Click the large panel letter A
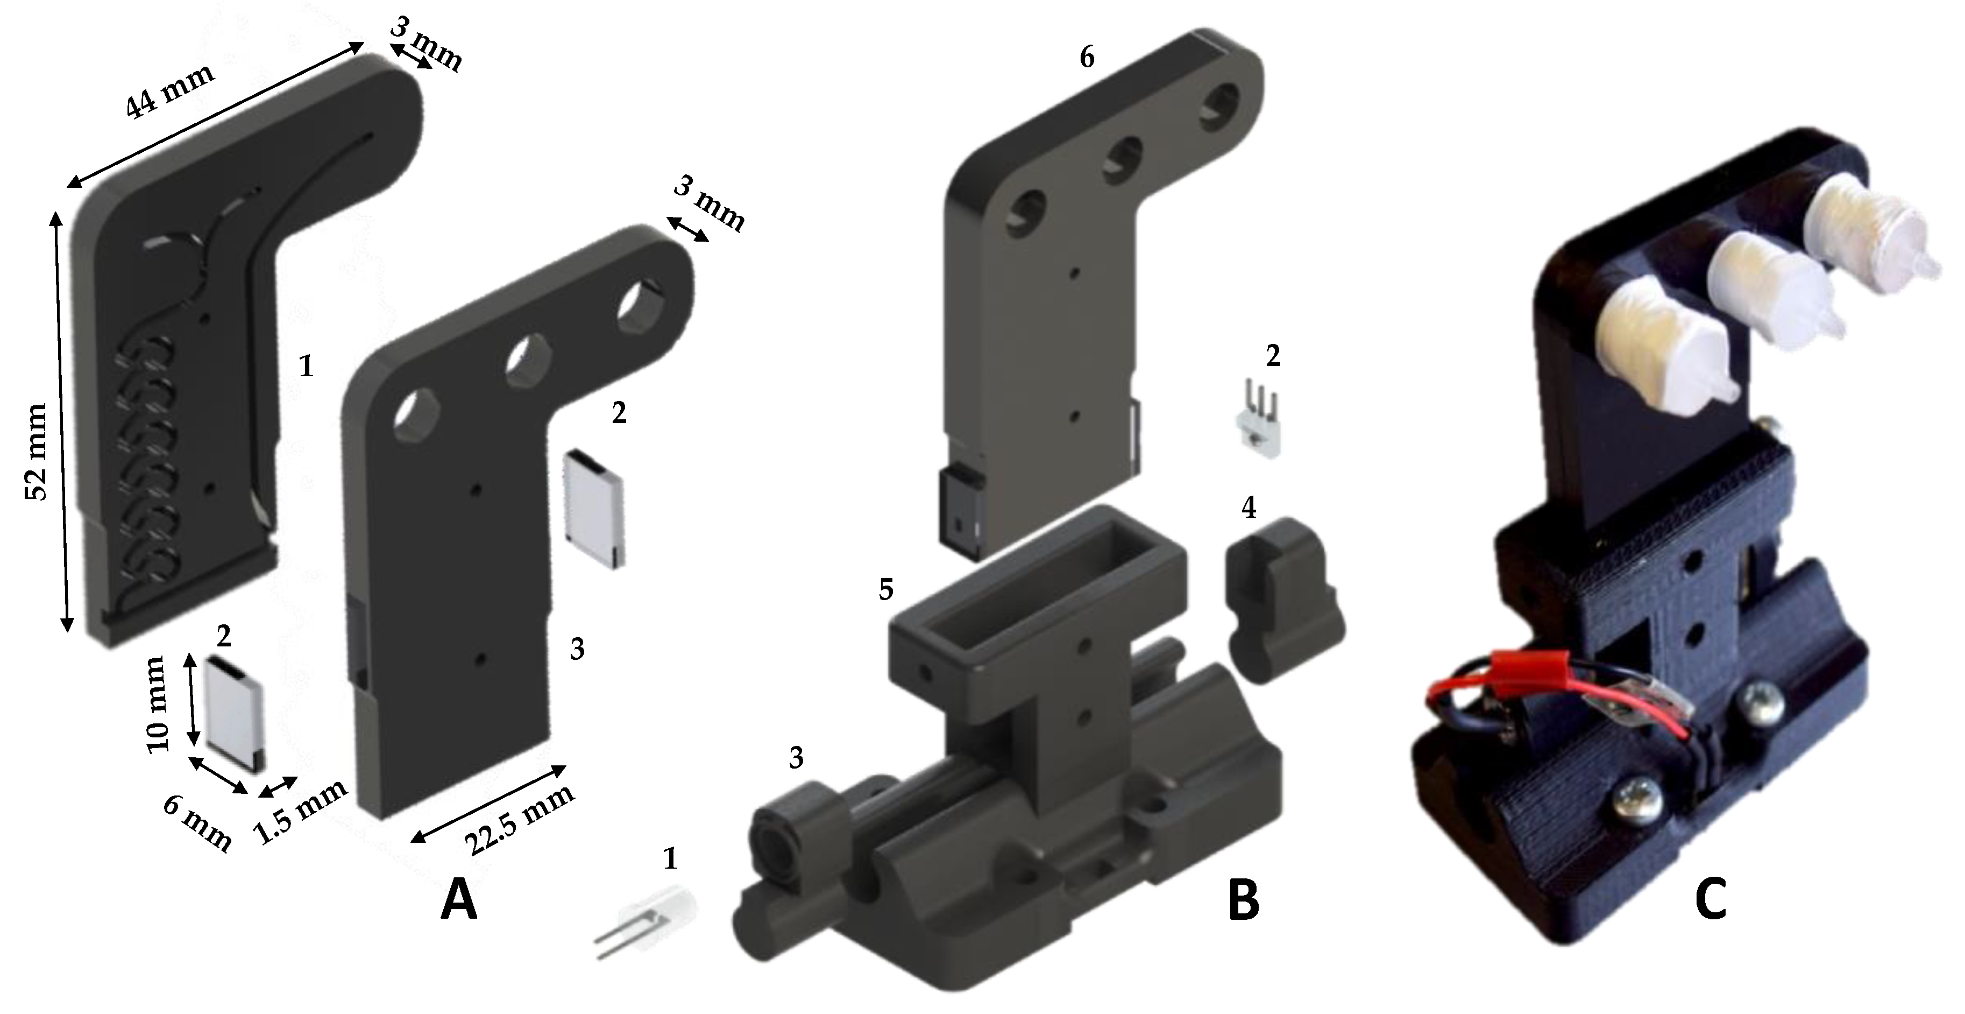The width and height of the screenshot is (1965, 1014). pyautogui.click(x=459, y=899)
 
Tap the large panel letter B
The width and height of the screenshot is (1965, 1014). pyautogui.click(x=1243, y=899)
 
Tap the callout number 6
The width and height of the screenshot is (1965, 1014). pyautogui.click(x=1087, y=57)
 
